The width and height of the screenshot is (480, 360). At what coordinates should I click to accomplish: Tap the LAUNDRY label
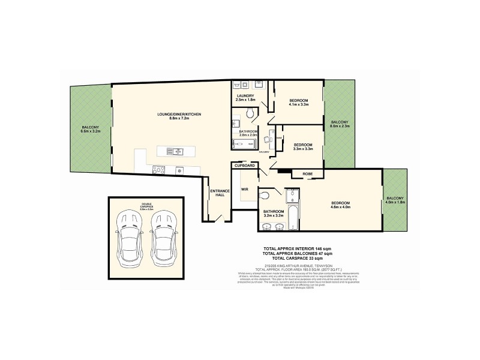pos(245,96)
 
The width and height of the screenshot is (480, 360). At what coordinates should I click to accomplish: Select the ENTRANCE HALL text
pos(217,193)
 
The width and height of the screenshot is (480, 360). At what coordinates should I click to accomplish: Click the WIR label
pos(244,189)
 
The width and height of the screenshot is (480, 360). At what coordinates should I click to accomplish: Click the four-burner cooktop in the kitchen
pos(159,170)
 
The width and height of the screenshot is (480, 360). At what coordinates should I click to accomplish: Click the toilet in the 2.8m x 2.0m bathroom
pos(253,113)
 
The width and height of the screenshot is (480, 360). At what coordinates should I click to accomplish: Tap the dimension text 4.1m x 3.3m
pos(298,104)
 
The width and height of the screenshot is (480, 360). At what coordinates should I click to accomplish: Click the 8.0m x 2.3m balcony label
pos(339,124)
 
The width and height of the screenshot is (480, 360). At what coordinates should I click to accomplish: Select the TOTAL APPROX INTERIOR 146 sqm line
pos(297,248)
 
